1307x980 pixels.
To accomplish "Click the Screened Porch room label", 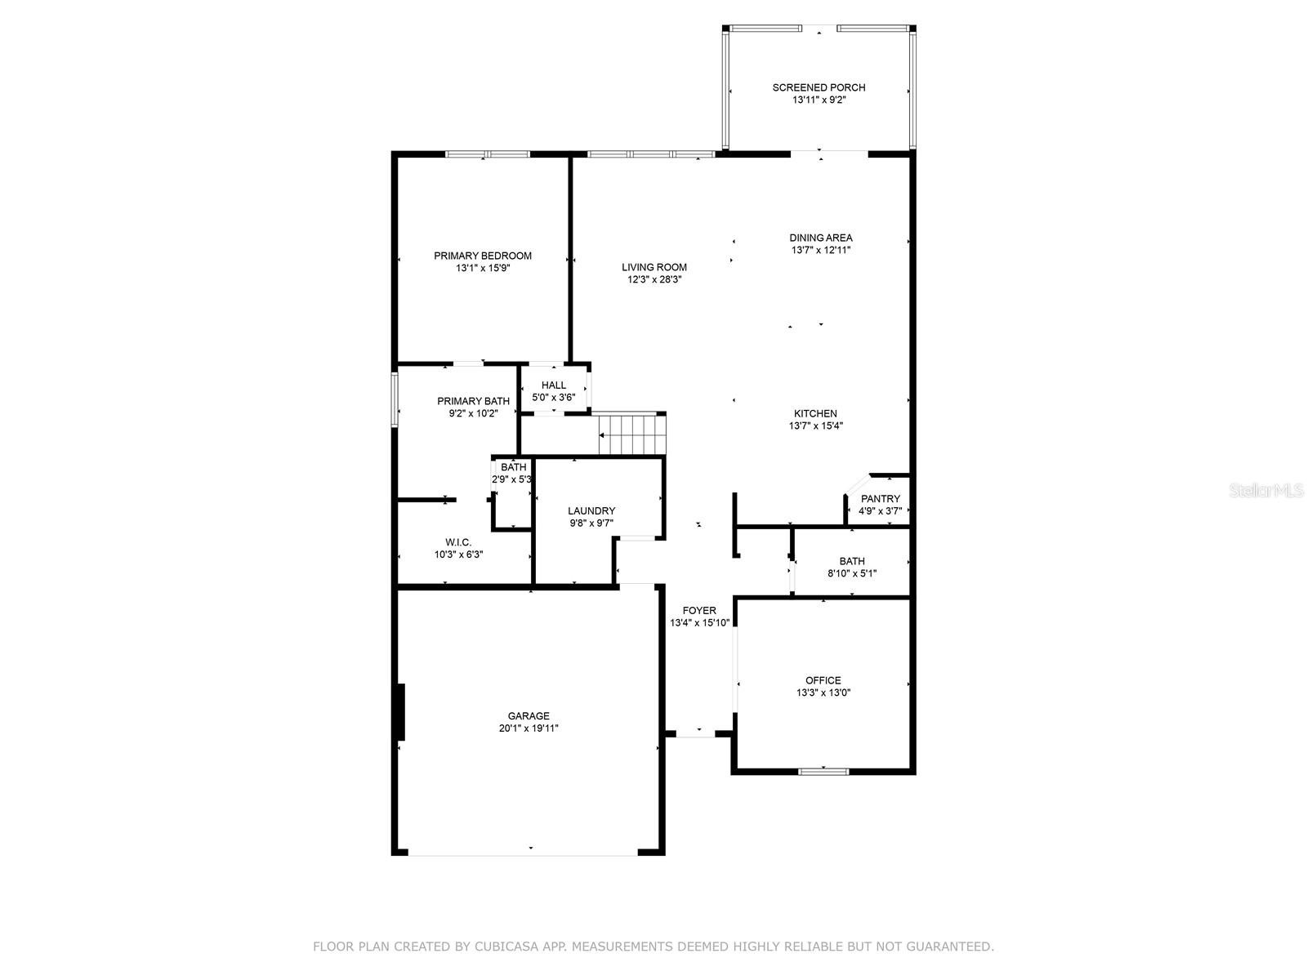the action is [819, 87].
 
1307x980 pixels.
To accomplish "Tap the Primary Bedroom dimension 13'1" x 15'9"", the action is [483, 269].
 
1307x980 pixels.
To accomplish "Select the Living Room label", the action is [654, 268].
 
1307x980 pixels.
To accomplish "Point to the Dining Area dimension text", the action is [820, 251].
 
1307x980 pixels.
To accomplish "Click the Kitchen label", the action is [815, 413].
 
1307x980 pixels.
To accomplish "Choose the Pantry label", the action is [880, 499].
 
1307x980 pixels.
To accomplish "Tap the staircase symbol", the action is [631, 434].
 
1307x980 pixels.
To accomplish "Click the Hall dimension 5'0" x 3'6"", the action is [554, 398].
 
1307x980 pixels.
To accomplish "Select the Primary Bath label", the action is [473, 401].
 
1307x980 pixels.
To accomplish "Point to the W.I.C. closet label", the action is [458, 542].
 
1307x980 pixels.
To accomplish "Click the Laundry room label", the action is [591, 510].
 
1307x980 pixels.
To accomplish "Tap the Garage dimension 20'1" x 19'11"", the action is [529, 728].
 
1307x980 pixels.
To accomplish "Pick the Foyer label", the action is [699, 611].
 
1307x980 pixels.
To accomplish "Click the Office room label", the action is [823, 680].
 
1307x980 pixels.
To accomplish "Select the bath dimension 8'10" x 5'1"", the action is [852, 573].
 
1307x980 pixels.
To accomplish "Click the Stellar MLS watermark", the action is [1266, 490].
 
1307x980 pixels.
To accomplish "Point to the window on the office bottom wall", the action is [823, 772].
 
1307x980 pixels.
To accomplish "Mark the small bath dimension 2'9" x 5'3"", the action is [511, 479].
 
